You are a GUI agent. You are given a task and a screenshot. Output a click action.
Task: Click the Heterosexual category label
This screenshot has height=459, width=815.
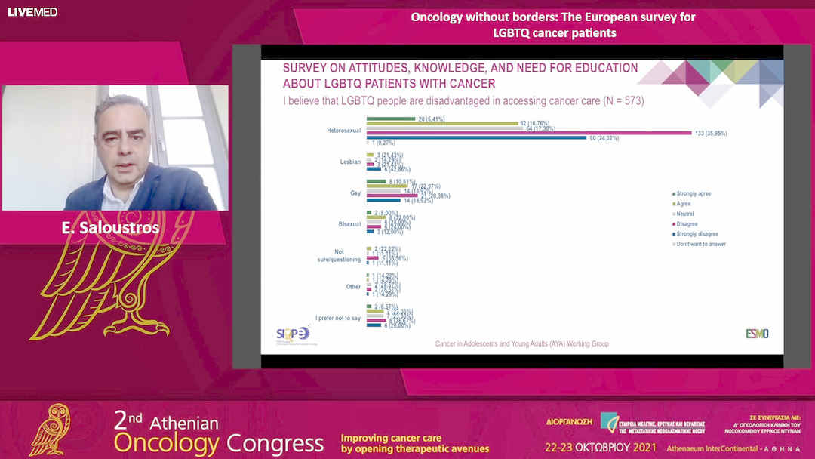click(343, 131)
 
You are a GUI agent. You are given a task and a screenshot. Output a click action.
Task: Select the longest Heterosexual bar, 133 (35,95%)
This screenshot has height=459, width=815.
click(529, 133)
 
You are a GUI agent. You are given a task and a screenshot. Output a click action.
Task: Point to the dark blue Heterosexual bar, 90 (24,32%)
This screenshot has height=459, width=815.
click(476, 137)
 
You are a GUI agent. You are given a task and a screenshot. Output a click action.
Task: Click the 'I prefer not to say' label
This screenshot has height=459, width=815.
click(338, 319)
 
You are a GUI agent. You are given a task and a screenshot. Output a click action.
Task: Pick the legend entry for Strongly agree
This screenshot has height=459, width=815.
click(694, 194)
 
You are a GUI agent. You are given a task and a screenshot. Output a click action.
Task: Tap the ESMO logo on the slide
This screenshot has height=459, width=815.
click(757, 334)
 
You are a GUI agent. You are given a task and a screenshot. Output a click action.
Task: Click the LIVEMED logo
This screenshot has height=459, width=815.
click(32, 12)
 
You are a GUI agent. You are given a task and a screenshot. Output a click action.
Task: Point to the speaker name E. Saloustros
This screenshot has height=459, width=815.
click(110, 228)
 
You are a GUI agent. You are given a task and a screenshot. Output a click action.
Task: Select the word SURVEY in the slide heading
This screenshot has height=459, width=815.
click(307, 68)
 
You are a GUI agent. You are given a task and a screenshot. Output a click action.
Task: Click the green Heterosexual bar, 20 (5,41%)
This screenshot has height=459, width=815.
click(391, 119)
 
